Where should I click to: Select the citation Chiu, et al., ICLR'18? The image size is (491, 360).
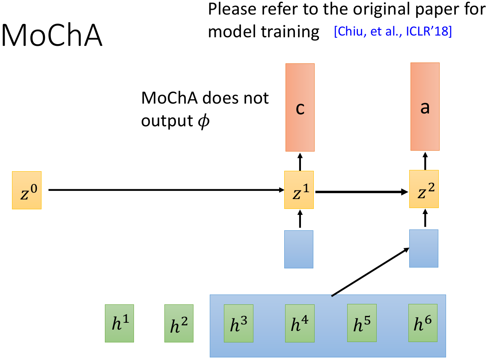[x=393, y=32]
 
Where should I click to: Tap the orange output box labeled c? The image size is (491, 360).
[x=300, y=107]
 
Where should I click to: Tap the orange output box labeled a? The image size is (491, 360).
[x=425, y=107]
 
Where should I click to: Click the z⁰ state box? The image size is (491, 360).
[x=27, y=190]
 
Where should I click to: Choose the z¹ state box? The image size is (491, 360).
[x=299, y=190]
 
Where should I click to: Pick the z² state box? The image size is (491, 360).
[x=424, y=189]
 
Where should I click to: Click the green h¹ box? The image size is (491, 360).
[x=119, y=323]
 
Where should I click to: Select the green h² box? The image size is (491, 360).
[x=179, y=323]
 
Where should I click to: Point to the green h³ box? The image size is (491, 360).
[x=239, y=323]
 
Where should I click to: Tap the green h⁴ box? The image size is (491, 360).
[x=300, y=323]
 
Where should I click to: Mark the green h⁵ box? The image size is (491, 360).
[x=361, y=323]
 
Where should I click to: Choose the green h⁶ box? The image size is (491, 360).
[x=423, y=323]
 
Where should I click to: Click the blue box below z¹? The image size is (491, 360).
[x=299, y=249]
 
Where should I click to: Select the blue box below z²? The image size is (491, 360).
[x=424, y=248]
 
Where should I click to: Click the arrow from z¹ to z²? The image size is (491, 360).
[x=362, y=192]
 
